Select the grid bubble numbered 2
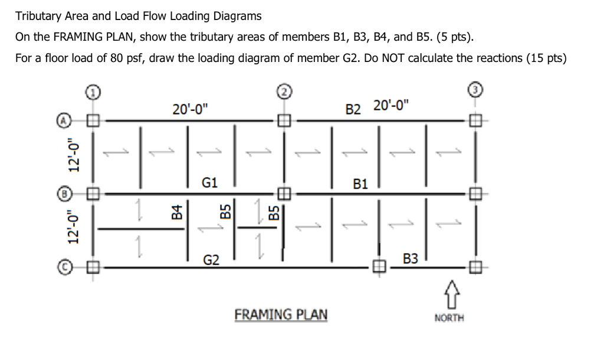(284, 91)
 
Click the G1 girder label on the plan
(210, 183)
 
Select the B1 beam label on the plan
(360, 184)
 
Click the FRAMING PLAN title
(281, 313)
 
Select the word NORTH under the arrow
(449, 318)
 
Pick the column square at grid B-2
(284, 193)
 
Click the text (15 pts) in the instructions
(550, 59)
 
